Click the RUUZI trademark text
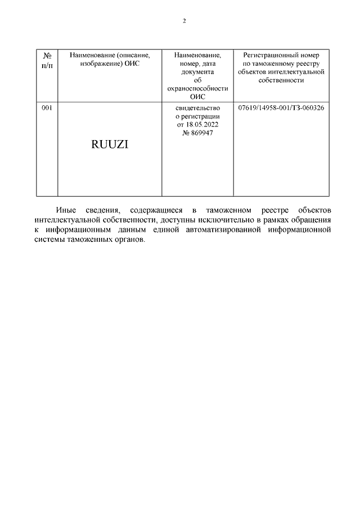coord(110,144)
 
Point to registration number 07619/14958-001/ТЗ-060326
coord(281,107)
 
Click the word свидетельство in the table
coord(197,107)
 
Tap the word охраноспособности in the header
coord(197,88)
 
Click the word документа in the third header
coord(197,72)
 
